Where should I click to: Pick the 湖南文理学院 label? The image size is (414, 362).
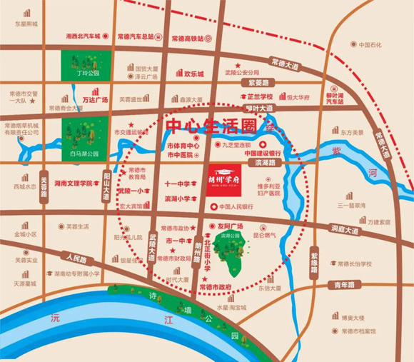71,183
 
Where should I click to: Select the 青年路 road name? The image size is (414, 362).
345,285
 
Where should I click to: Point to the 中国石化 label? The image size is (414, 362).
371,46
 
